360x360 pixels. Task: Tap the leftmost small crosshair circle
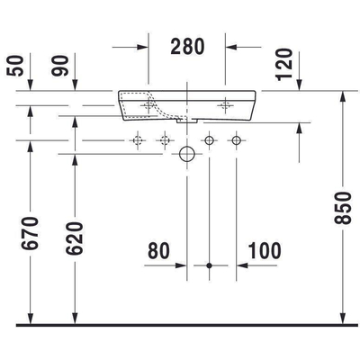click(x=138, y=139)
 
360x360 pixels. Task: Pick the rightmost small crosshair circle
click(x=236, y=139)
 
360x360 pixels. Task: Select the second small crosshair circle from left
click(x=164, y=139)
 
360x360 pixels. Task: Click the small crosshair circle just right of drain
click(x=209, y=139)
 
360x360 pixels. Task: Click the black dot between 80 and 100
click(x=209, y=266)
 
